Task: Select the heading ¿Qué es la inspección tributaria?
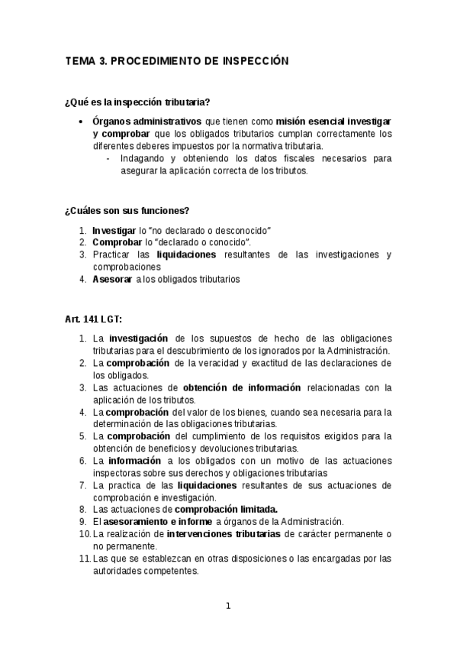(x=137, y=102)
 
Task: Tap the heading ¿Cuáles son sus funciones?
(x=127, y=210)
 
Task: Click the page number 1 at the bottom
(x=227, y=607)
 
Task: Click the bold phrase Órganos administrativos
(x=146, y=122)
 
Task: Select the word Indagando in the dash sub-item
(x=142, y=159)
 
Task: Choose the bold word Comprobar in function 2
(x=115, y=242)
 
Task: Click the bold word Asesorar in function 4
(x=112, y=280)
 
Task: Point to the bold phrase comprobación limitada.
(x=226, y=510)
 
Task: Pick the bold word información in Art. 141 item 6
(x=134, y=461)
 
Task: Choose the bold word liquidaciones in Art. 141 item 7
(x=207, y=485)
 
